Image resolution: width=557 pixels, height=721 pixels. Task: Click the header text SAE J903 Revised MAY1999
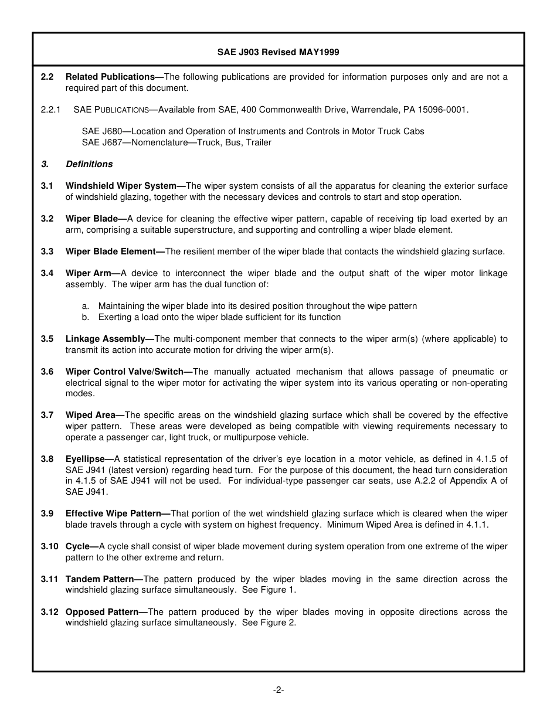click(278, 52)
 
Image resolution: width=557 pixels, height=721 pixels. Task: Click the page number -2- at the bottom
click(278, 690)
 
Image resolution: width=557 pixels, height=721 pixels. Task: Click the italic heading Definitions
click(89, 164)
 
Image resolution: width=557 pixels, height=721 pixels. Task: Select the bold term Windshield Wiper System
click(121, 186)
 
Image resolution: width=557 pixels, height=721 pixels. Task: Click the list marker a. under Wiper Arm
click(86, 306)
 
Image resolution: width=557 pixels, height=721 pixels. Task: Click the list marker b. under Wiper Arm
click(86, 317)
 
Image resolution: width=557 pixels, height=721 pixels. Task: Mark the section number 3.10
click(49, 546)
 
